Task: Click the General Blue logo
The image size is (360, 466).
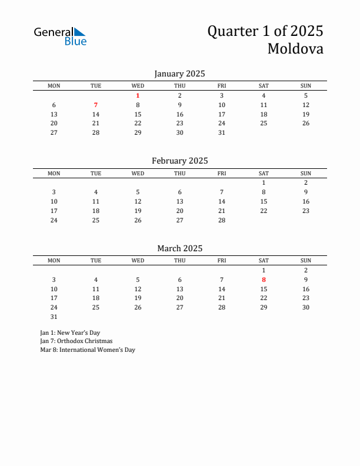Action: pos(60,36)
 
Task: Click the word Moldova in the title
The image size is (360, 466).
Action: pos(295,48)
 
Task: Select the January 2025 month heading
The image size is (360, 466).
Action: pos(179,74)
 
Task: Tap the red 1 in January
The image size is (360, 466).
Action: pos(138,95)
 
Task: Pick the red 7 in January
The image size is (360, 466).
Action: pos(96,105)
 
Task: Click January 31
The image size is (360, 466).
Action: pos(222,132)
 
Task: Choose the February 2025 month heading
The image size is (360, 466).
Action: pos(179,161)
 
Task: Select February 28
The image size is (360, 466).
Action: pos(222,220)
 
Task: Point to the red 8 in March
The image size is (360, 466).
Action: pos(264,279)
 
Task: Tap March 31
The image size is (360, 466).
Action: pos(54,317)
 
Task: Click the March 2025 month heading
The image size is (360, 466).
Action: pos(179,248)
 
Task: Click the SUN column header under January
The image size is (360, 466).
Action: pos(306,86)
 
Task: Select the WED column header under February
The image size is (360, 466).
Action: pos(138,173)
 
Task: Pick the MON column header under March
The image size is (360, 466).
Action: pos(54,261)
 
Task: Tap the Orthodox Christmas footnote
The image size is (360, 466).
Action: pos(76,341)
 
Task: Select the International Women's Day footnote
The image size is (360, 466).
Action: pos(88,349)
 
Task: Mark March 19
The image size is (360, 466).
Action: pos(138,298)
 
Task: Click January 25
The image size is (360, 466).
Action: pos(264,123)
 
